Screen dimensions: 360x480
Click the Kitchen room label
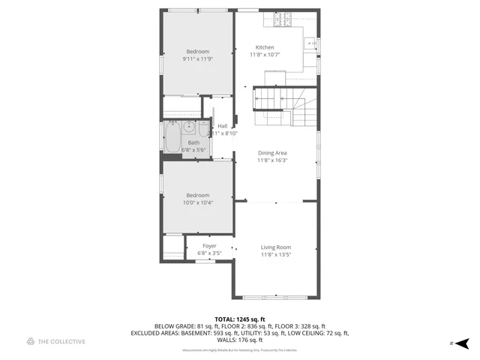(265, 47)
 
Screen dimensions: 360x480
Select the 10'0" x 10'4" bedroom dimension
(198, 202)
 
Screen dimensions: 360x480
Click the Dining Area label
(272, 153)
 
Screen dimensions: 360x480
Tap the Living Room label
(275, 247)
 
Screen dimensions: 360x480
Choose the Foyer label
(209, 246)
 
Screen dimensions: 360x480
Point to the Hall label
(223, 126)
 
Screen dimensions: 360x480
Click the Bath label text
(193, 142)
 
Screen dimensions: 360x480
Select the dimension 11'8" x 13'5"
(275, 254)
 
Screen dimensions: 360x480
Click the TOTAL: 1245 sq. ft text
(239, 319)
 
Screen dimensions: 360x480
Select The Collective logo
(56, 341)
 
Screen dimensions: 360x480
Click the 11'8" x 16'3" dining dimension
(272, 160)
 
